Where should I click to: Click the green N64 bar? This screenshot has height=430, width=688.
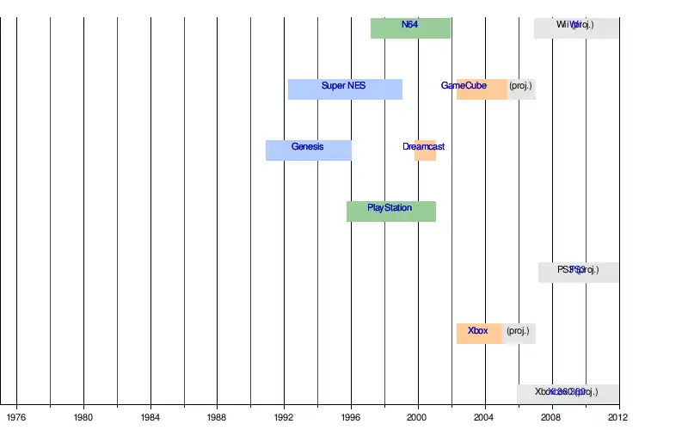(x=410, y=28)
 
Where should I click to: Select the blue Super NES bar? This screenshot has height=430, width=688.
(x=345, y=89)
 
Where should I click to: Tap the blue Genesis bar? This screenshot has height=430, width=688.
(x=308, y=150)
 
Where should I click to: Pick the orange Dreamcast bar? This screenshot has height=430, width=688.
(x=425, y=150)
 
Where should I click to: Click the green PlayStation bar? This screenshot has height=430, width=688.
(x=390, y=211)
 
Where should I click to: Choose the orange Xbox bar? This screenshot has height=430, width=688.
(x=479, y=333)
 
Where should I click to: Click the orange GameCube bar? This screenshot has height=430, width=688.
(x=482, y=89)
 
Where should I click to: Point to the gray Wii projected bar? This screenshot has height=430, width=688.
(x=576, y=28)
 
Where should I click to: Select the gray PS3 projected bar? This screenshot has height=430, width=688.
(x=578, y=272)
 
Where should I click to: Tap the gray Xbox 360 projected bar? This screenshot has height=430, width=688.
(x=568, y=394)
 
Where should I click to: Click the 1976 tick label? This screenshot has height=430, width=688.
(x=16, y=417)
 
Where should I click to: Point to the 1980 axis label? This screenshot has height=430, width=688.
(x=83, y=417)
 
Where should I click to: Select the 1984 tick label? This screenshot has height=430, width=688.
(x=150, y=417)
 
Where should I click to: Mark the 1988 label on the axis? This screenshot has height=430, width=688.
(x=218, y=417)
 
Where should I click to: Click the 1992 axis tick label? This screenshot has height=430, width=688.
(x=285, y=417)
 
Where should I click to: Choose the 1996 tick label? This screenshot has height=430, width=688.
(x=351, y=417)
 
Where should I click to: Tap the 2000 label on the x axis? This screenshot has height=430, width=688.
(x=418, y=417)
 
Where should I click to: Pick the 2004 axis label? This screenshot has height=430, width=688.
(x=485, y=417)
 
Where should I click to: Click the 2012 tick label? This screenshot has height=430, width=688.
(x=617, y=417)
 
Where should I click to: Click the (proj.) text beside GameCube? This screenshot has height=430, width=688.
(x=520, y=86)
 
